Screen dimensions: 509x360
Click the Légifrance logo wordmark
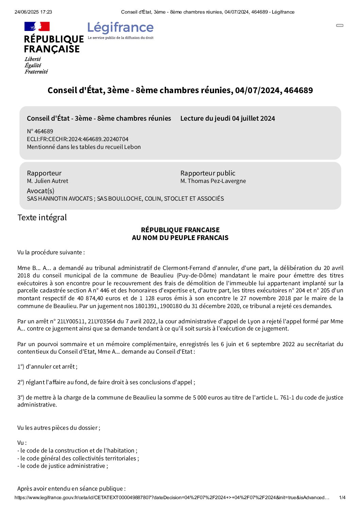point(120,28)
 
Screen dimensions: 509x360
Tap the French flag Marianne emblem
point(37,27)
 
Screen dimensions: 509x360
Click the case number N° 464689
point(40,131)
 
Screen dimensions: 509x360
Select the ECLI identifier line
point(78,139)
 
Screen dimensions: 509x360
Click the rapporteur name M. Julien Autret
point(47,181)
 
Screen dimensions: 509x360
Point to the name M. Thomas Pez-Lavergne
point(213,181)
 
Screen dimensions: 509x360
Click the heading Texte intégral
point(42,218)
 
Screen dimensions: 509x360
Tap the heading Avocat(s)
point(40,191)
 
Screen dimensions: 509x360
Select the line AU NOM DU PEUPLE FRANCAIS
point(180,238)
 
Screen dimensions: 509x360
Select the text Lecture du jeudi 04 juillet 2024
point(227,118)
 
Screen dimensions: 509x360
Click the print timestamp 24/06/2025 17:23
point(33,12)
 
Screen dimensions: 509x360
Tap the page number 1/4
point(342,497)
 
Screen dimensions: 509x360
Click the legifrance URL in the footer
point(172,497)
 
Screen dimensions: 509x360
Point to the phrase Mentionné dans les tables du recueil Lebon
point(84,147)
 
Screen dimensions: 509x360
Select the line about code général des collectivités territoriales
point(78,458)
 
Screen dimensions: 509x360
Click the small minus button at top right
point(340,26)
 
